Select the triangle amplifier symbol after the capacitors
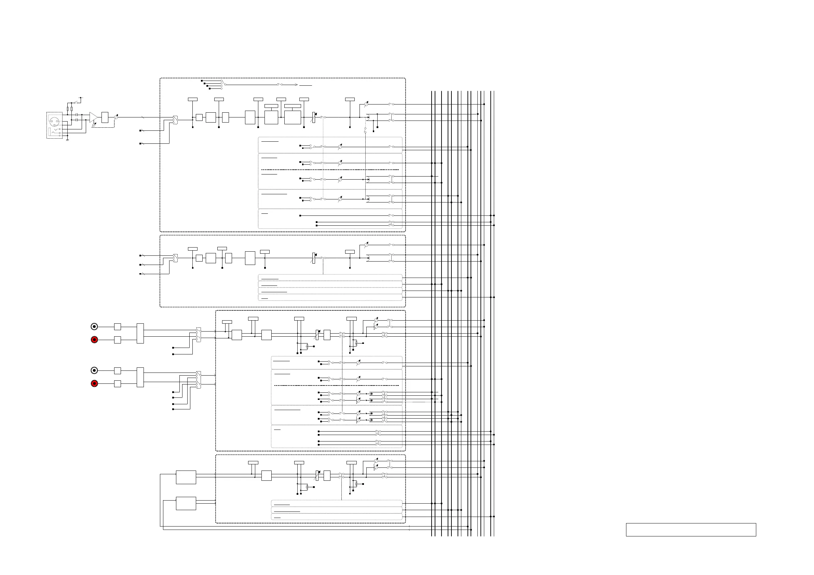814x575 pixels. click(x=93, y=117)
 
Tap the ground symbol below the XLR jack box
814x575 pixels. click(x=67, y=140)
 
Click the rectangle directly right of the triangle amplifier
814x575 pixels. click(x=105, y=117)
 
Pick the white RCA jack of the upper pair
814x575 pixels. click(x=94, y=327)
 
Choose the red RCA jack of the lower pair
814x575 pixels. click(x=94, y=384)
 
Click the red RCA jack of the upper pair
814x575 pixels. click(x=94, y=340)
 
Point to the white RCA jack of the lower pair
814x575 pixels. click(x=94, y=370)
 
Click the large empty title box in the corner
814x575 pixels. click(x=691, y=530)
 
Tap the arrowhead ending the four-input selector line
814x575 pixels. click(x=296, y=85)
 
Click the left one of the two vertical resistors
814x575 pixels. click(x=68, y=109)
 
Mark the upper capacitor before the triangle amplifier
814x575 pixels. click(x=77, y=115)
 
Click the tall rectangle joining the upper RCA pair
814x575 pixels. click(x=140, y=333)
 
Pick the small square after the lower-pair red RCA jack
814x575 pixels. click(x=117, y=384)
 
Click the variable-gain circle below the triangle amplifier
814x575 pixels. click(x=94, y=125)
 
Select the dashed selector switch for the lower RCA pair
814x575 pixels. click(x=199, y=380)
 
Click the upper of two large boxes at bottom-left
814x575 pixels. click(x=186, y=477)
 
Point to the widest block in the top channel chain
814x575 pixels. click(x=293, y=117)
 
